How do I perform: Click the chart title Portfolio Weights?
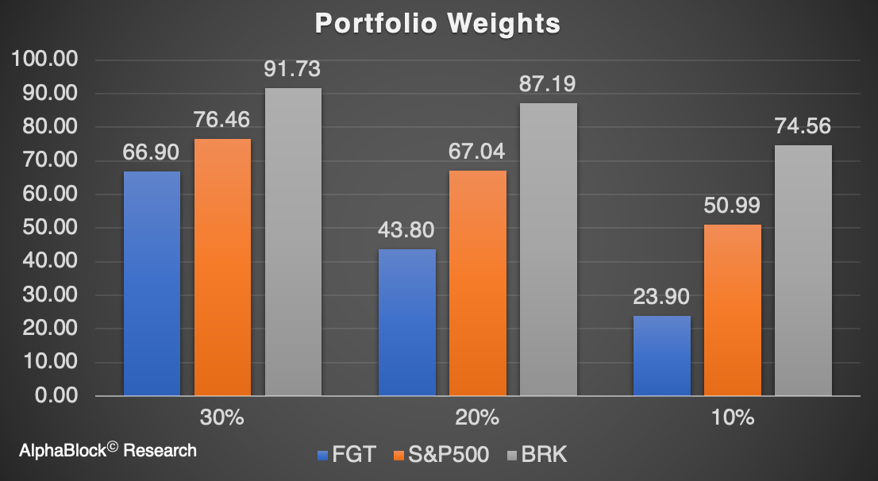pos(437,23)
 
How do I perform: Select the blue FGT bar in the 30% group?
pos(152,283)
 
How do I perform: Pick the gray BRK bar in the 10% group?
pos(803,270)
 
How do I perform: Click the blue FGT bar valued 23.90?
pos(661,356)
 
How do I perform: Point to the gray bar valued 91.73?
pos(293,241)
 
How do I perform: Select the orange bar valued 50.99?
pos(732,310)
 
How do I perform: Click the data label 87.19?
pos(548,84)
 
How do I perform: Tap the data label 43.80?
pos(406,230)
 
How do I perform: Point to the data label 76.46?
pos(222,120)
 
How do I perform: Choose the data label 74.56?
pos(803,126)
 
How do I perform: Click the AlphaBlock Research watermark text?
pos(108,451)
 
